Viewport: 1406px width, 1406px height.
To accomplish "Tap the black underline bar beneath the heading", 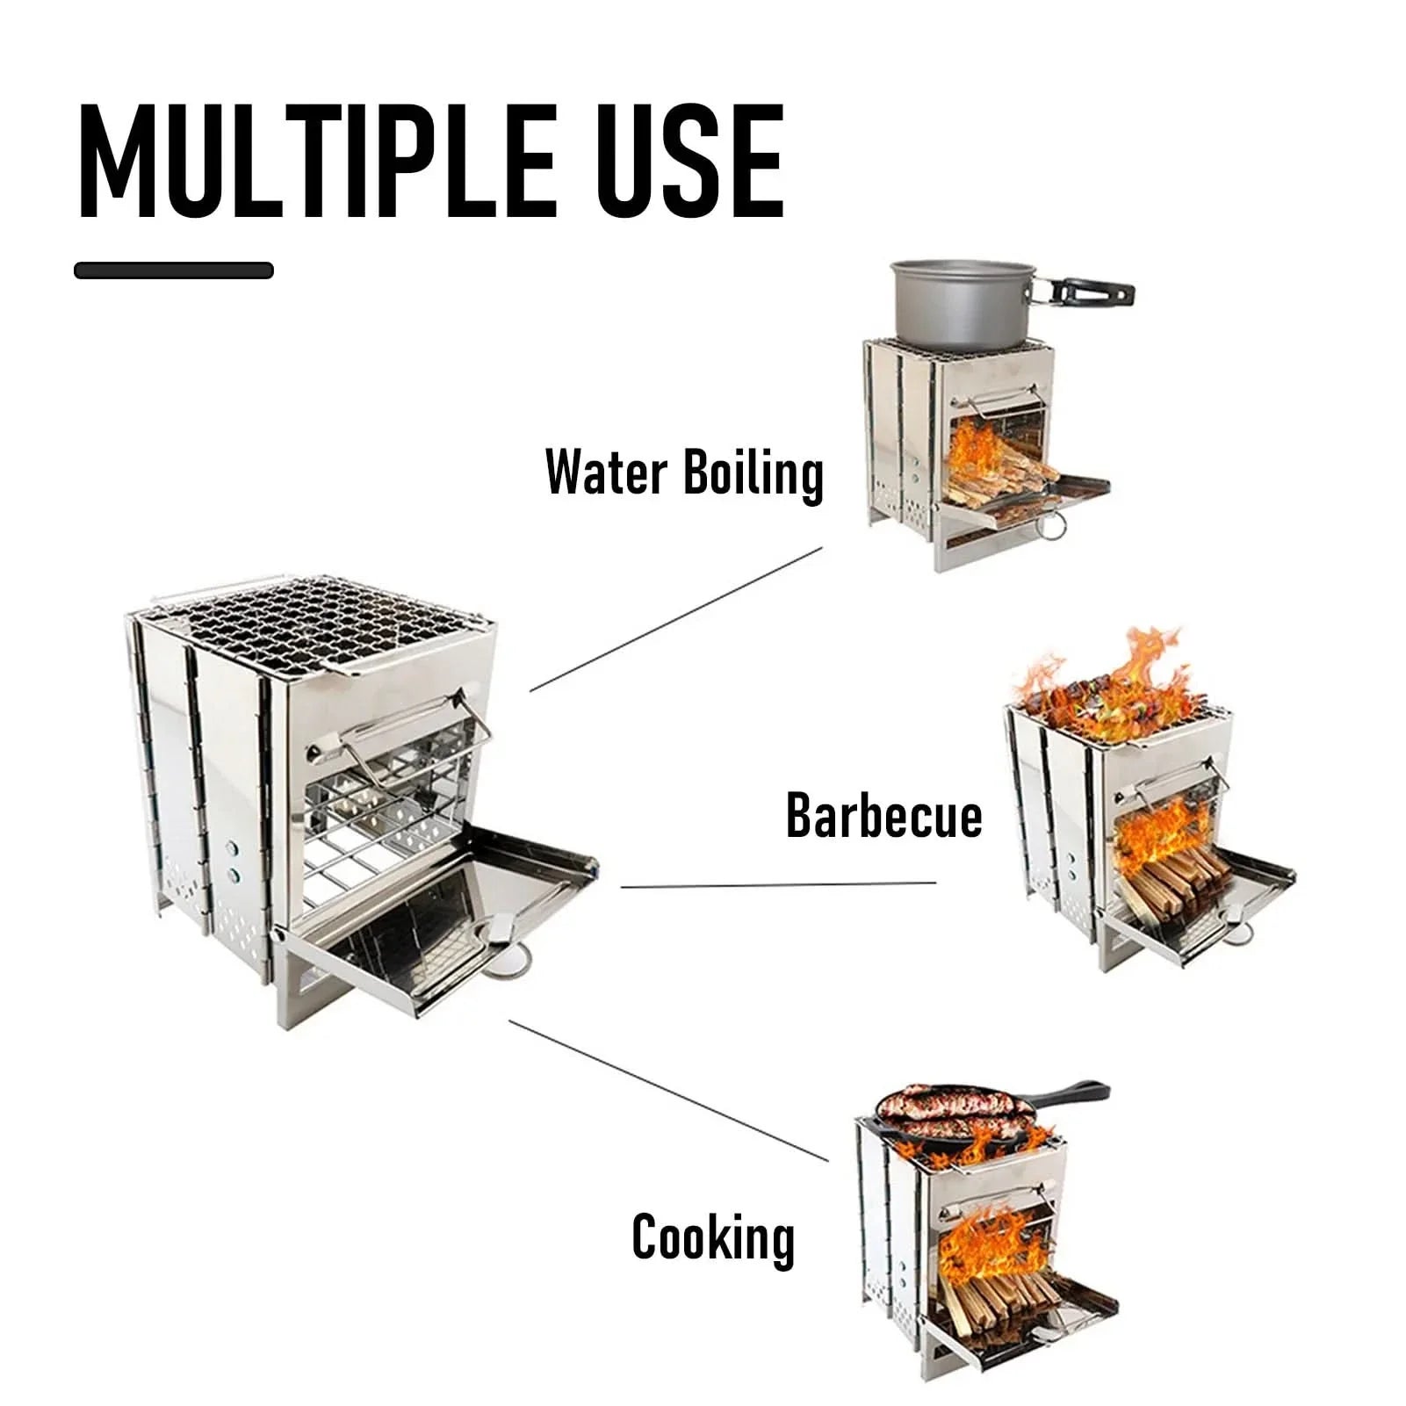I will [174, 270].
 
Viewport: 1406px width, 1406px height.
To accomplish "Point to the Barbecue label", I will [883, 816].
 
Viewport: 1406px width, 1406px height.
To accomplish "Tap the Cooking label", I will [713, 1237].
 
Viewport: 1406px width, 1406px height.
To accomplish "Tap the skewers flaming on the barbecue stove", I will [1108, 694].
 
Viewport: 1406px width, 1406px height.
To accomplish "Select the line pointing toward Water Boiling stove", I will [676, 619].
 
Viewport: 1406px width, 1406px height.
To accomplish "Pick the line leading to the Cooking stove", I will [667, 1089].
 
